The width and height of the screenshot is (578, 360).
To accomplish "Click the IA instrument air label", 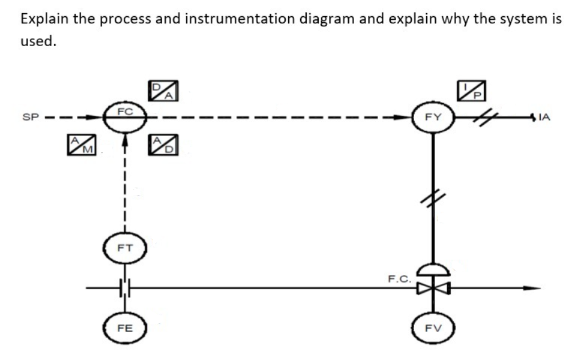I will pos(544,119).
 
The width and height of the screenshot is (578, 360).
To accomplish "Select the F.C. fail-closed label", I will pos(399,278).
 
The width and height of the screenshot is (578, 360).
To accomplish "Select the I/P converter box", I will pos(471,89).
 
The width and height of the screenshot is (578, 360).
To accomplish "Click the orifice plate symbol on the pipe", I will pos(125,288).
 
